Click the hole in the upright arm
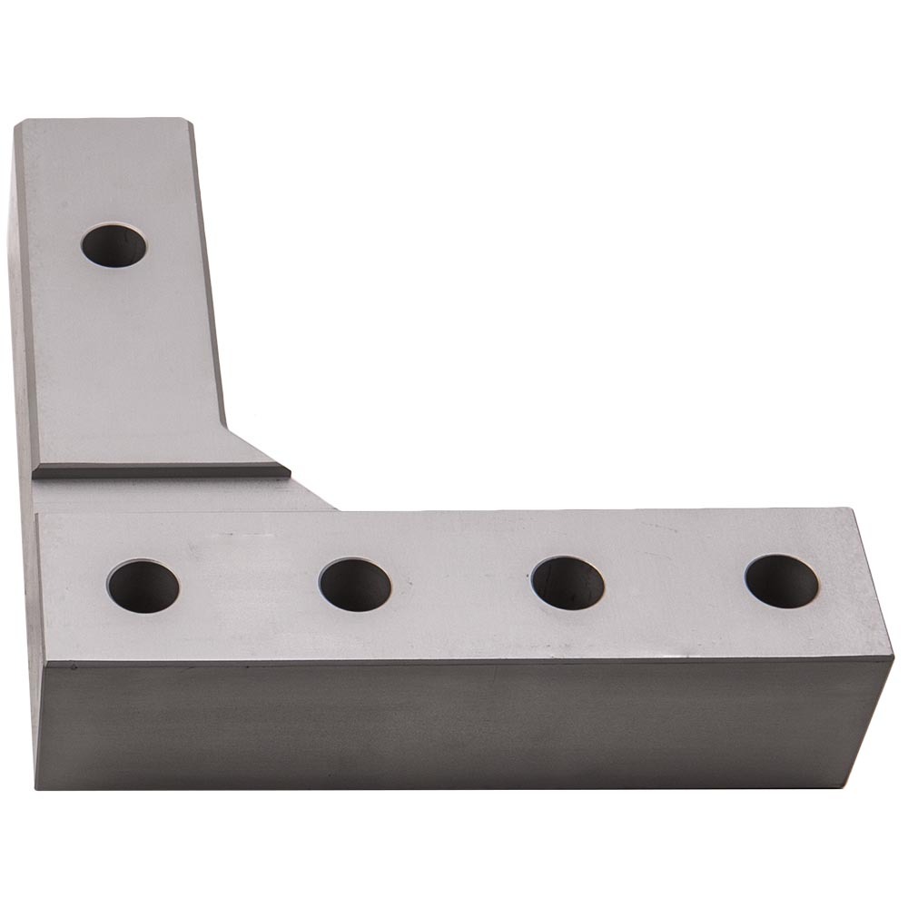pos(113,245)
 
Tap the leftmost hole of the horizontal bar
pos(143,586)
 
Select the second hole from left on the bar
pos(355,584)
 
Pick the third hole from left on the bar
pos(567,582)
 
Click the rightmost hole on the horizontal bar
pos(782,580)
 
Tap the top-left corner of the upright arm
pos(17,121)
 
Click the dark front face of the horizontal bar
pos(454,726)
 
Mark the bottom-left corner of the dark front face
pos(38,787)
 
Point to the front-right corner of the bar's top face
pos(893,659)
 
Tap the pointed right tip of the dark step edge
pos(289,472)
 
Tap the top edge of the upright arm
pos(100,120)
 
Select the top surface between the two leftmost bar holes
pos(249,586)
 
